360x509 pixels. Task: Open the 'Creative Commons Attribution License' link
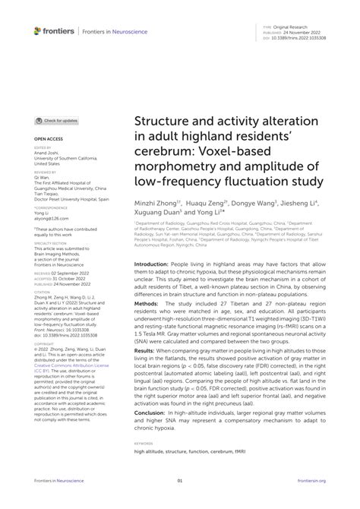65,369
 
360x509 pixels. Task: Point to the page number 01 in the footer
180,480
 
